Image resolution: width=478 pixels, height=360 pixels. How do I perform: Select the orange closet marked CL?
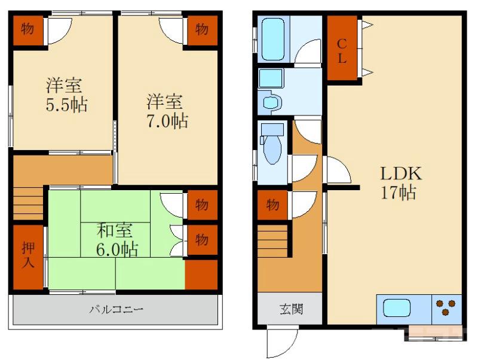coord(342,50)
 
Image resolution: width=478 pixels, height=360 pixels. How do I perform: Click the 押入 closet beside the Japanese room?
coord(27,257)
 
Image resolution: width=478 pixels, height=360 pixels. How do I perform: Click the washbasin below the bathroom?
coord(272,102)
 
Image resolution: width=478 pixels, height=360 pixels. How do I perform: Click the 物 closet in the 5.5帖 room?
coord(27,29)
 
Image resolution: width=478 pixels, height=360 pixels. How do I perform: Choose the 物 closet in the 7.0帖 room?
coord(201,29)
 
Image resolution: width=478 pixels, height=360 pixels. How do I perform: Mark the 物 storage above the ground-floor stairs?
coord(272,205)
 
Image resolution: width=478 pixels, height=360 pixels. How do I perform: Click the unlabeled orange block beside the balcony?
coord(201,274)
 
